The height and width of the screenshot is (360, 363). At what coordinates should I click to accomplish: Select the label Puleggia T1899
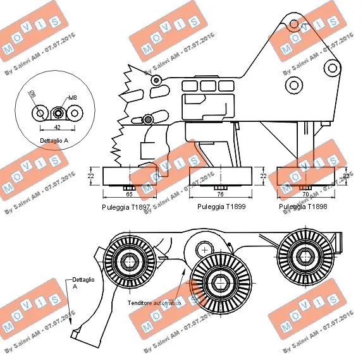coord(221,207)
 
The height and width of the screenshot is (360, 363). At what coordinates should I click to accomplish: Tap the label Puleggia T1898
coord(302,207)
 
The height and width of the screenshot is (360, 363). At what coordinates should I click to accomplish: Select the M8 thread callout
coord(73,99)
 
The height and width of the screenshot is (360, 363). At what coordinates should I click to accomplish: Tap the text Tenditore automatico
coord(154,303)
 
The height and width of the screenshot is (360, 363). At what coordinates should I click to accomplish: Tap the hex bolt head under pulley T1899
coord(221,188)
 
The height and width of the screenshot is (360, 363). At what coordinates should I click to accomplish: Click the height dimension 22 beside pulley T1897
coord(91,176)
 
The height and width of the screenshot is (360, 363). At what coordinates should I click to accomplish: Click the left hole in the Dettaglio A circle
coord(40,114)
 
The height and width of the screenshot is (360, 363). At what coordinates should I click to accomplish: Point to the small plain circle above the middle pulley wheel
coord(204,248)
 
